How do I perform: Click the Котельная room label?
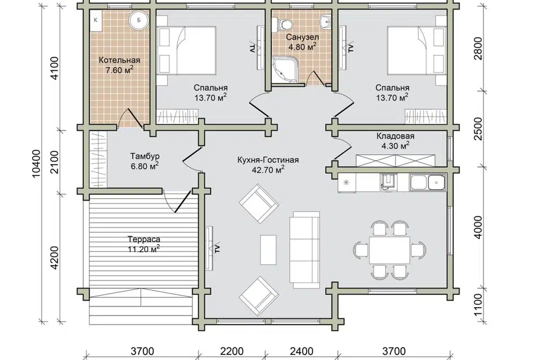(x=119, y=60)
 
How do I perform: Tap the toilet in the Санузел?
(x=282, y=24)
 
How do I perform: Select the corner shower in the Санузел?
(x=283, y=70)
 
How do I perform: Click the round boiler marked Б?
(x=139, y=20)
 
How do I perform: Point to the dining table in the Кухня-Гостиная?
(x=389, y=249)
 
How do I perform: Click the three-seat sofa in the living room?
(x=305, y=249)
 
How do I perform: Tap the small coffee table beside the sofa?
(x=268, y=250)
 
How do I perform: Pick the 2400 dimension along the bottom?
(x=301, y=352)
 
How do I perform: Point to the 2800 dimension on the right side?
(x=479, y=48)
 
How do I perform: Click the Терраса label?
(x=144, y=239)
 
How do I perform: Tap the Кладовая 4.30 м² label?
(x=395, y=141)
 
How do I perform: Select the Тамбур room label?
(x=145, y=156)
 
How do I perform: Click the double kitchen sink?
(x=427, y=182)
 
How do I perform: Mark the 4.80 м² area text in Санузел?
(x=303, y=47)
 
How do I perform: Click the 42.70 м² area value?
(x=268, y=170)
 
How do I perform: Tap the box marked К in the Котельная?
(x=96, y=20)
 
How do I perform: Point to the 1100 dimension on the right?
(x=479, y=305)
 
